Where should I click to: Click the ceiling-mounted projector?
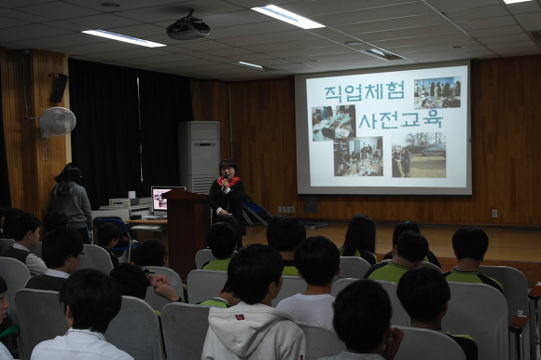(188, 27)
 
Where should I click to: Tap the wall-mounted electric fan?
(57, 122)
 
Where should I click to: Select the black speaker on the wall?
(59, 88)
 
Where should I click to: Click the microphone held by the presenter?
(225, 181)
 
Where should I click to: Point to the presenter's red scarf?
(229, 181)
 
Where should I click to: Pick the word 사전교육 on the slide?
(400, 119)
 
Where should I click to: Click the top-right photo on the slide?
(437, 92)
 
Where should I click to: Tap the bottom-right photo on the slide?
(419, 155)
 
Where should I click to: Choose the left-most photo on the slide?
(334, 123)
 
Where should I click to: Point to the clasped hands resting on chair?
(162, 284)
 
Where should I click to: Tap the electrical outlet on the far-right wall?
(494, 214)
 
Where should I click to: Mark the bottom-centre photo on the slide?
(358, 156)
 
